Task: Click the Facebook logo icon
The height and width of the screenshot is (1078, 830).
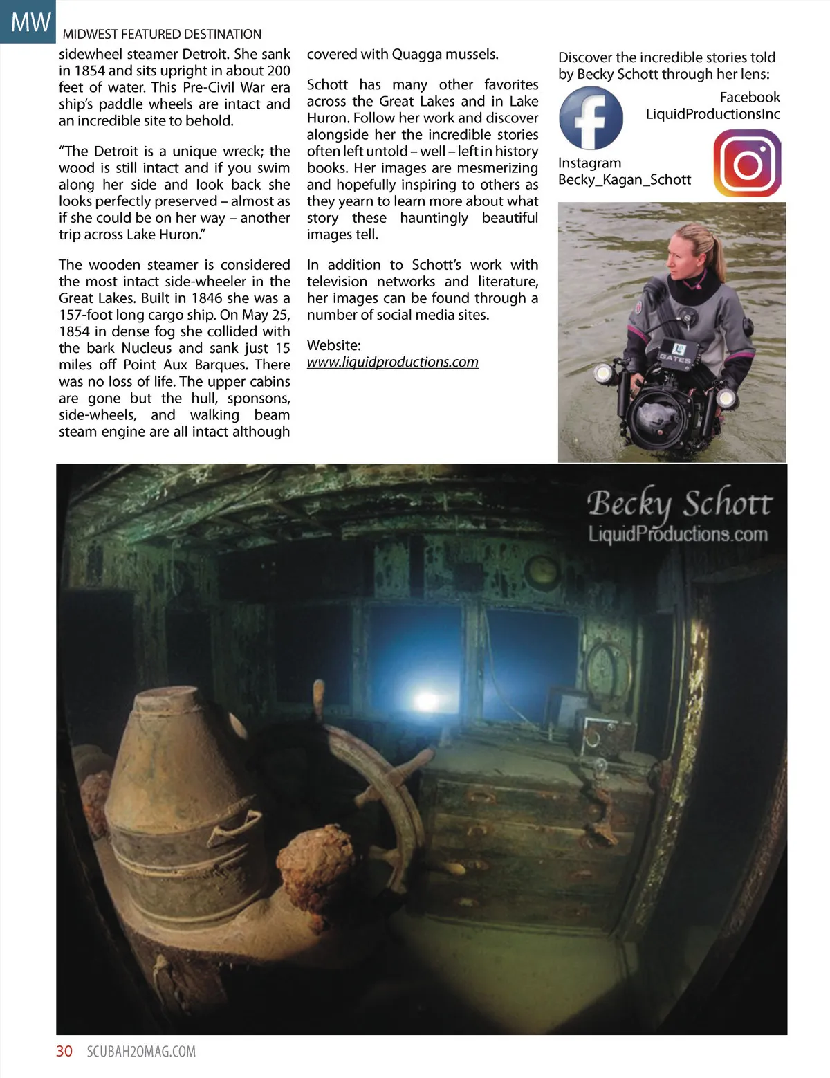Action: click(x=591, y=118)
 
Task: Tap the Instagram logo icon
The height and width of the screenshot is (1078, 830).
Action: click(x=747, y=164)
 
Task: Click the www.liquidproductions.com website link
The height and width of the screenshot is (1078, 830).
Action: click(x=392, y=362)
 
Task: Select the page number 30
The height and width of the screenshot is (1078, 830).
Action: click(x=64, y=1051)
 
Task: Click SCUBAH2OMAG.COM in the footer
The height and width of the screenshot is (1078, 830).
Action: click(x=141, y=1052)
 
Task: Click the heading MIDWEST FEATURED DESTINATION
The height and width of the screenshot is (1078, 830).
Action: click(x=162, y=34)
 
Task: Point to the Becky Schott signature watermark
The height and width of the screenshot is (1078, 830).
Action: click(x=679, y=504)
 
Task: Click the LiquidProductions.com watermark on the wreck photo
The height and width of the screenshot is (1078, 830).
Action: click(x=678, y=534)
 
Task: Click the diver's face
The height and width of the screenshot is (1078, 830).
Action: click(x=683, y=254)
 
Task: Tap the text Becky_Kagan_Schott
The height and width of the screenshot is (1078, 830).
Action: click(x=624, y=180)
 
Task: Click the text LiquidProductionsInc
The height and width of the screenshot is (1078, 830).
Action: click(x=712, y=114)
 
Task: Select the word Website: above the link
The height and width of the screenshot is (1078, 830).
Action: click(x=334, y=345)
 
